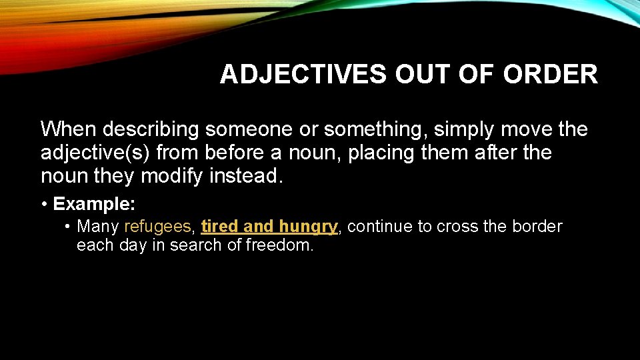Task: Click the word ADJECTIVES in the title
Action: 303,75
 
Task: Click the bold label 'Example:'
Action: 94,203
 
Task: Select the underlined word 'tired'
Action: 219,227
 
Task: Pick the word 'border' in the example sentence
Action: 537,227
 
